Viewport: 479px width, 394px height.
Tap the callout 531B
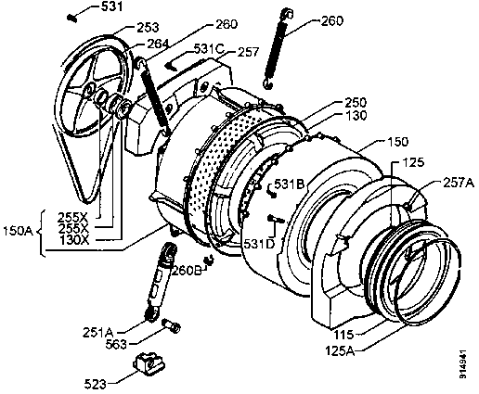(291, 185)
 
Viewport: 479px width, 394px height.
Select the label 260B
(187, 271)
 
